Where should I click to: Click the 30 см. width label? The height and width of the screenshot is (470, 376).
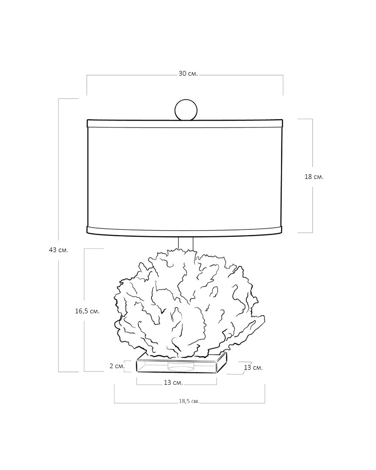188,74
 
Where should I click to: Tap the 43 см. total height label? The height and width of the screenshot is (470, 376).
58,250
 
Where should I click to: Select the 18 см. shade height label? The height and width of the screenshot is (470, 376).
314,177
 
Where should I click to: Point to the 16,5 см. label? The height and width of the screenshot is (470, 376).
87,311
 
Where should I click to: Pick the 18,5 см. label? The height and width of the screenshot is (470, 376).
189,401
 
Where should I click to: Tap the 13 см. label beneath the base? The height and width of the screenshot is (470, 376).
173,383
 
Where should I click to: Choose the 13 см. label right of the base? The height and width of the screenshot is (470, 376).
253,367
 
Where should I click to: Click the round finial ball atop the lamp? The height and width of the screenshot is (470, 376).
186,110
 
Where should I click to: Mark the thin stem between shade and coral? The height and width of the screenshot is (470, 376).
186,243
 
